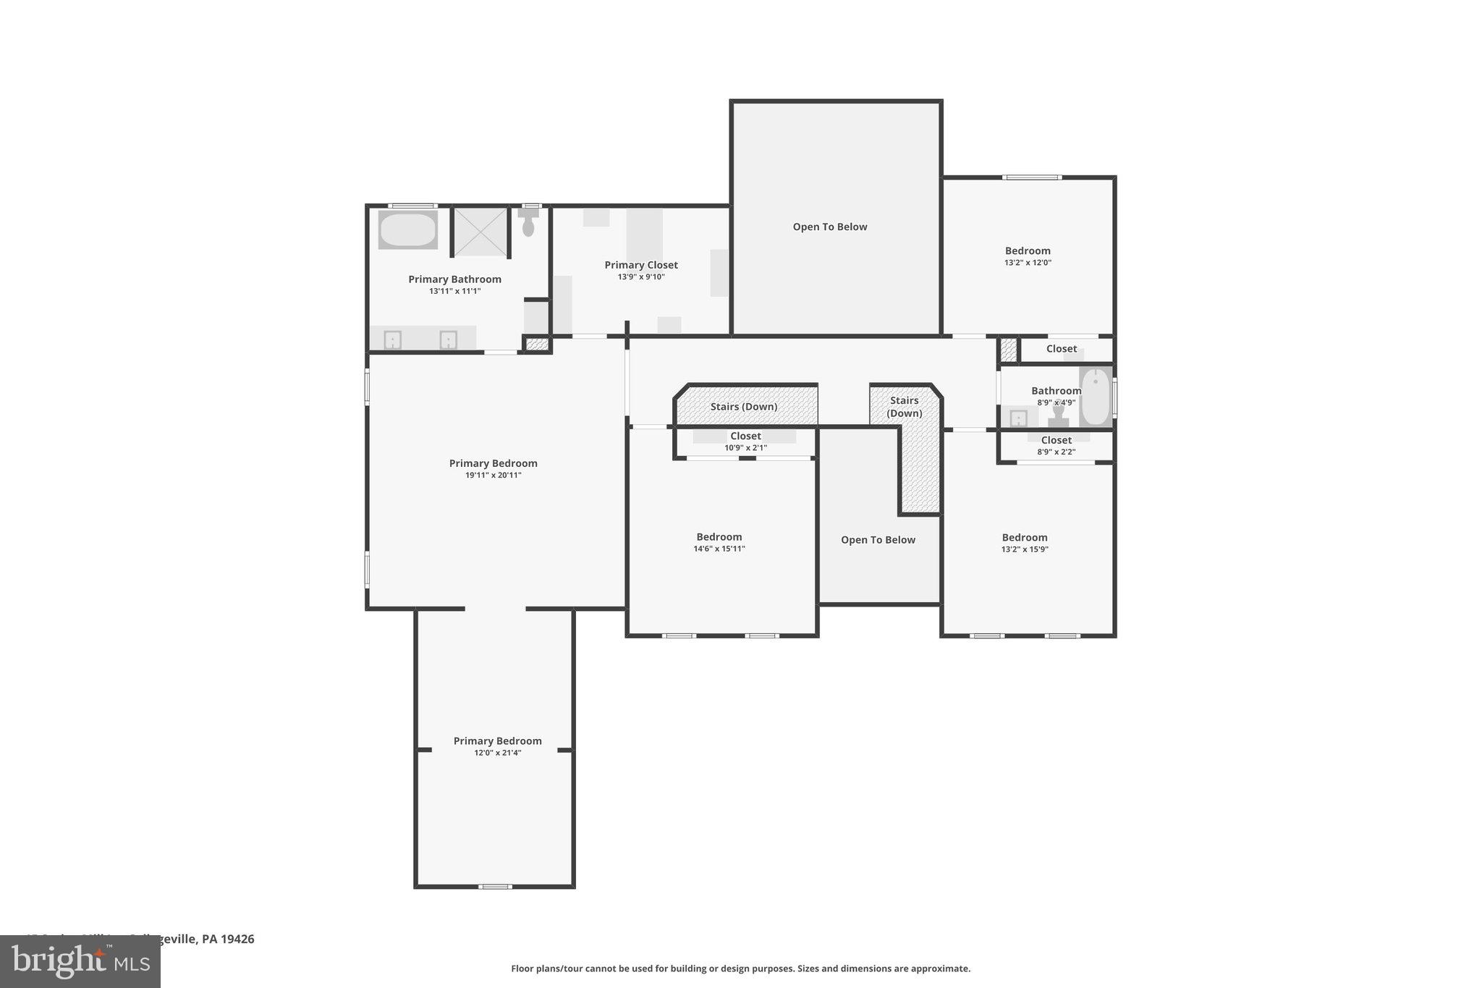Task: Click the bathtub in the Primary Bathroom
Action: [407, 230]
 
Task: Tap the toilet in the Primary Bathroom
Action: [528, 224]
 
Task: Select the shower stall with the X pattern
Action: [480, 232]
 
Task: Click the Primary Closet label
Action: [641, 265]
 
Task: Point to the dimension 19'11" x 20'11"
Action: [493, 476]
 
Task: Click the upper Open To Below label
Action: [829, 227]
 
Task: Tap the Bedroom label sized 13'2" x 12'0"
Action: [1028, 251]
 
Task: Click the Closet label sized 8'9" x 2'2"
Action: [1056, 440]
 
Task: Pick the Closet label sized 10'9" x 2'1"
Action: [745, 436]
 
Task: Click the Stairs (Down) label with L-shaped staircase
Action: [905, 407]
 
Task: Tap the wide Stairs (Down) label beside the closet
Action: [743, 407]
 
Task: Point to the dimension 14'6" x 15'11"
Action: [719, 549]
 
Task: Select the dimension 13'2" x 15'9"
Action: [1024, 549]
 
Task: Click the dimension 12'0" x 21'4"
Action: [497, 753]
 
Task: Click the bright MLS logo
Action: [80, 962]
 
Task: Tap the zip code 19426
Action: [237, 939]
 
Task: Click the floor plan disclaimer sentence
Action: [740, 968]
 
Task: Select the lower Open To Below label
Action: [878, 540]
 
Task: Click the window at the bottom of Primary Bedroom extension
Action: [495, 887]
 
